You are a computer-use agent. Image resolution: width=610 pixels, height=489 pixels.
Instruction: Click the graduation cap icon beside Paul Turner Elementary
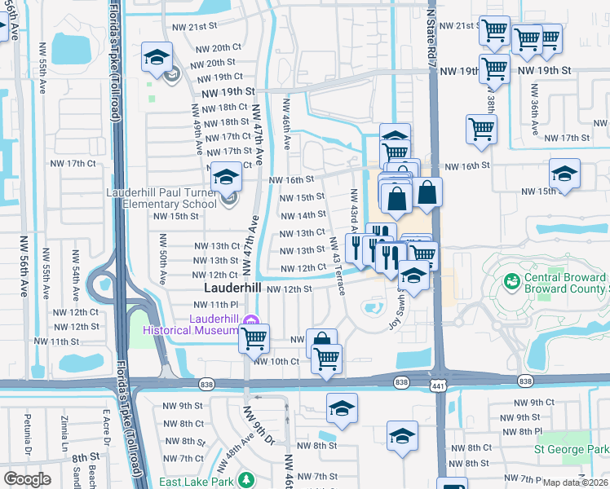tap(225, 178)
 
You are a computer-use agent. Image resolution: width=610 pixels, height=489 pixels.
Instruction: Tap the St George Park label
tap(571, 449)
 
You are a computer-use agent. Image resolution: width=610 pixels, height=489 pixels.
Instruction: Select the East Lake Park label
tap(193, 482)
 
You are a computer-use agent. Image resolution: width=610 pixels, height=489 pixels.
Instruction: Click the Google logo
tap(26, 479)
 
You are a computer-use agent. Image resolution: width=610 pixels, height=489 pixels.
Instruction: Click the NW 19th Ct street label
tap(216, 77)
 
